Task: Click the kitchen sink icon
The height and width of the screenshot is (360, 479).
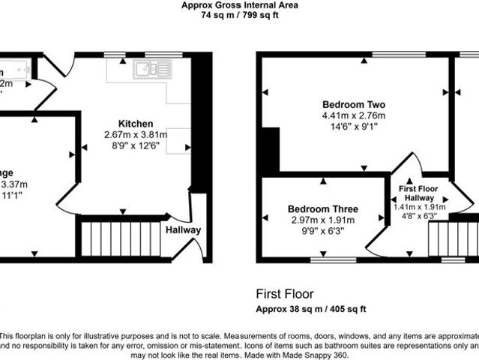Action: click(151, 70)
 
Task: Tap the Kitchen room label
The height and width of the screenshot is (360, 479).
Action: click(135, 124)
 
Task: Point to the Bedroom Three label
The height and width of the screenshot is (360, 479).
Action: click(323, 208)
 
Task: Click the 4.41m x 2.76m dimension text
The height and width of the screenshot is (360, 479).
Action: click(353, 115)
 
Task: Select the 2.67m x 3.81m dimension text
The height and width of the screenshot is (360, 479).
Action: click(135, 135)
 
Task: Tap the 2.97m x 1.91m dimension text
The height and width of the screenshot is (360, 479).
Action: click(323, 220)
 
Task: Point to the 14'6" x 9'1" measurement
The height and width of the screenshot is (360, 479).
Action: click(353, 127)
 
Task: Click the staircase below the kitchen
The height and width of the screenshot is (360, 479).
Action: click(122, 237)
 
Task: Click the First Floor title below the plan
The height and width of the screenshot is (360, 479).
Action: click(285, 294)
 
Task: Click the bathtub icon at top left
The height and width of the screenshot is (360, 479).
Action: click(13, 70)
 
